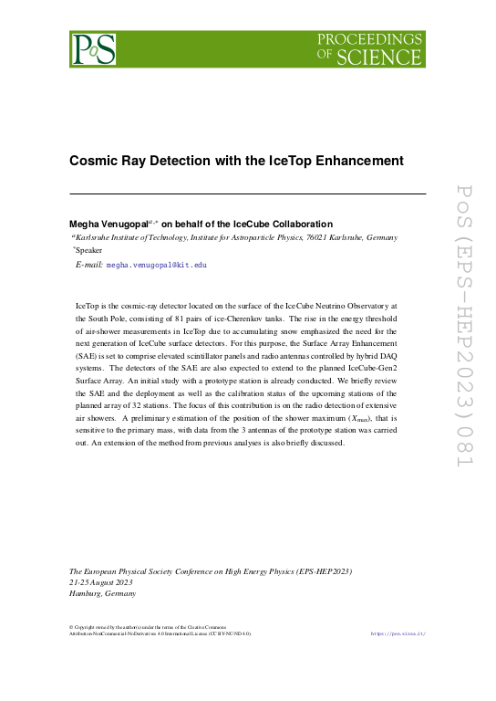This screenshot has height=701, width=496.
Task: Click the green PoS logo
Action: (x=94, y=48)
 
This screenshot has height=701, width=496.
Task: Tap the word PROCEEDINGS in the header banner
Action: (x=369, y=39)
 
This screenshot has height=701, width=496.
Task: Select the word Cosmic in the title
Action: (x=94, y=161)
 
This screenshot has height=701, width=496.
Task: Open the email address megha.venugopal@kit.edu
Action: (x=157, y=264)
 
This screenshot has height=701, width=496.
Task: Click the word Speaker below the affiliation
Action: (x=89, y=249)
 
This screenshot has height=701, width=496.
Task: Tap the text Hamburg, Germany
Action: (x=103, y=593)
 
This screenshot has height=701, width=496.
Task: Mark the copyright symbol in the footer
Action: (x=72, y=626)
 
